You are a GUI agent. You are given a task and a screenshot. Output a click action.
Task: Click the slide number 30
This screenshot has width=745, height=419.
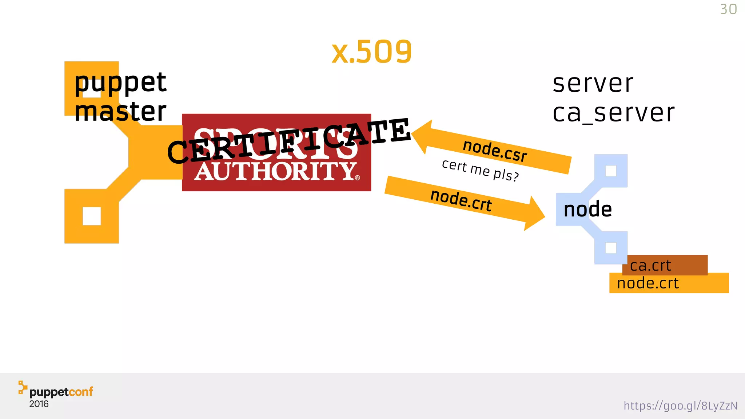point(728,9)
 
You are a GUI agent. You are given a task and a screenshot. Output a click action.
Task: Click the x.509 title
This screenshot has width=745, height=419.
point(371,52)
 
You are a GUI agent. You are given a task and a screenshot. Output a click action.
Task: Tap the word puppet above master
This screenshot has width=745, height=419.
point(120,83)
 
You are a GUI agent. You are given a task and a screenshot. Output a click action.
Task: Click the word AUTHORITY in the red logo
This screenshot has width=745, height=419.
point(275,171)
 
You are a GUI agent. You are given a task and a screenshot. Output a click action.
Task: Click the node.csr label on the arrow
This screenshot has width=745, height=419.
point(495,151)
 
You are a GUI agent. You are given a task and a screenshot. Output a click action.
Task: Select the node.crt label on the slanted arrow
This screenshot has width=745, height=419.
point(461,200)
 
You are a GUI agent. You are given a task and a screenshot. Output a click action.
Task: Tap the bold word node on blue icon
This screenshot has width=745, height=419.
point(587,210)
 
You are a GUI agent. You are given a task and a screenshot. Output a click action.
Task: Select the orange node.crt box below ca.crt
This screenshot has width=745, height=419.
point(669,283)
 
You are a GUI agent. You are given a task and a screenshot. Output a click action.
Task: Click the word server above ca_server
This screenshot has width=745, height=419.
point(593,84)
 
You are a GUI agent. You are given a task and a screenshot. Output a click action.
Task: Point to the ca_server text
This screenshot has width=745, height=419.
point(613,113)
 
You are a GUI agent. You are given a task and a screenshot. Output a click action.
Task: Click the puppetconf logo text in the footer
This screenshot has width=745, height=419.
point(61,392)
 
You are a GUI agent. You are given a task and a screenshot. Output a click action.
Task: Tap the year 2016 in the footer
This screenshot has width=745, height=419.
point(39,404)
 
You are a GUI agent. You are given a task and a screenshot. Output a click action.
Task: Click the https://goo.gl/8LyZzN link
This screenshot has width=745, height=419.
point(680,406)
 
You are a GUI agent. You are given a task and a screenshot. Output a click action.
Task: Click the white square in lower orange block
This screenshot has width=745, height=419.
point(92,216)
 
